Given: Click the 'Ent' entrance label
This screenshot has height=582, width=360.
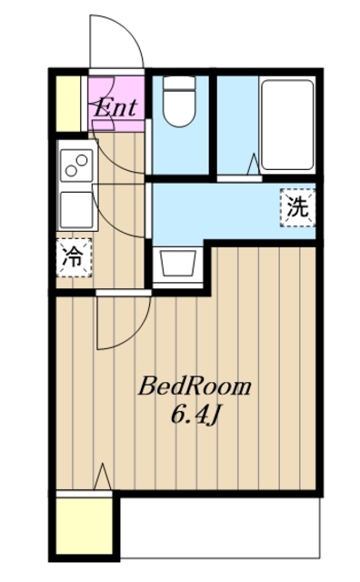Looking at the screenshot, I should click(116, 106).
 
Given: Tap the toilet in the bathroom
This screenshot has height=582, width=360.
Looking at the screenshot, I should click(178, 107).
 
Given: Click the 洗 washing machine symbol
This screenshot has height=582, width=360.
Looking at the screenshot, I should click(297, 206).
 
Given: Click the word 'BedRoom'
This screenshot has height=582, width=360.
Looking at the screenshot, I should click(194, 386).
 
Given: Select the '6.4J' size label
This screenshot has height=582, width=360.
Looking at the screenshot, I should click(194, 416).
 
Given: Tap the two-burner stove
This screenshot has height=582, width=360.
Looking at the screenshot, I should click(75, 165).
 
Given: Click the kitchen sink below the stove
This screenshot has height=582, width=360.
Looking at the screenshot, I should click(74, 209).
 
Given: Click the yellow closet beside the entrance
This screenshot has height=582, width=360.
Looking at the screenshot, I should click(68, 105).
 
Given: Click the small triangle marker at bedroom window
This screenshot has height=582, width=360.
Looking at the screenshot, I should click(104, 476).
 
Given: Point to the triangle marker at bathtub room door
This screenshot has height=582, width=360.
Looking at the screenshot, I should click(252, 166).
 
